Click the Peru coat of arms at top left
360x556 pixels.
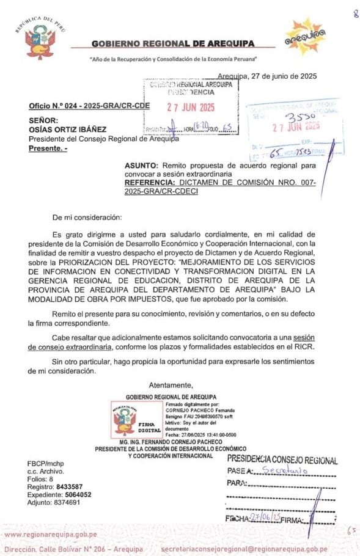tap(40, 42)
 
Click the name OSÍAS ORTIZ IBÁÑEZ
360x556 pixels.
tap(67, 130)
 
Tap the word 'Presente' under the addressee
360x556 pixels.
tap(46, 148)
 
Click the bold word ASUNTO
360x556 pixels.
tap(141, 166)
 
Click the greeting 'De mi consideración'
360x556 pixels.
tap(87, 217)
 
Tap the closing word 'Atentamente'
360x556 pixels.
tap(171, 385)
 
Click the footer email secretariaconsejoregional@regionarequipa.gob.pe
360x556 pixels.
tap(257, 549)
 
